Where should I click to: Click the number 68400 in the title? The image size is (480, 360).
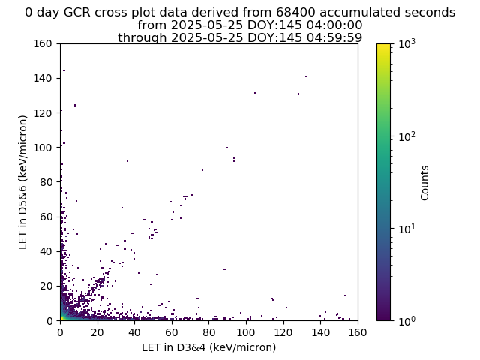pos(295,13)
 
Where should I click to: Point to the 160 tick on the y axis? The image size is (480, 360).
pos(43,43)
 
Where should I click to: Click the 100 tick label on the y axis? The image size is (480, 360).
pos(43,148)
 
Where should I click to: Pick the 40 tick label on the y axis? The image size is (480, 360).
pos(46,251)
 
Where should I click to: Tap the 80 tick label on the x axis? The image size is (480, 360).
pos(209,332)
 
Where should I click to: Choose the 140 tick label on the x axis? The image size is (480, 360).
pos(320,332)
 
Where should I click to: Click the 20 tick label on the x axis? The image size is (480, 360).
pos(97,332)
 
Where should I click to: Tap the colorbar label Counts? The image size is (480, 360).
pos(424,183)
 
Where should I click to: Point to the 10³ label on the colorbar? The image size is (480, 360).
pos(407,45)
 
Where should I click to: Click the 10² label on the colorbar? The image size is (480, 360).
pos(407,136)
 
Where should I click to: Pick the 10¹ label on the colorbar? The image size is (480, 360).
pos(407,229)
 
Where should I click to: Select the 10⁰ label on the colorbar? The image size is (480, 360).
pos(407,321)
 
